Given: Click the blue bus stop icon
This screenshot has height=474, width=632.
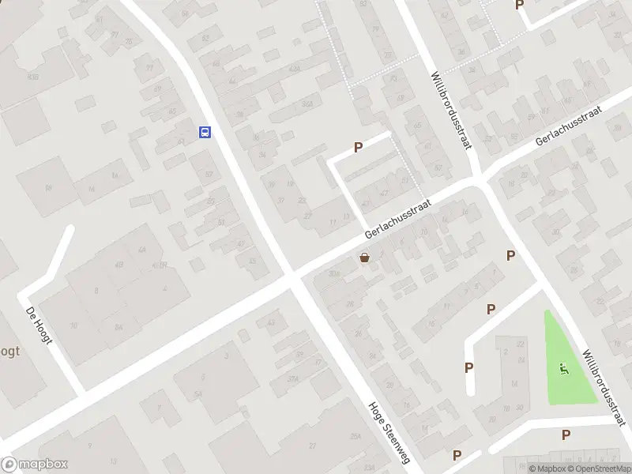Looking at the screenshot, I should pyautogui.click(x=205, y=132).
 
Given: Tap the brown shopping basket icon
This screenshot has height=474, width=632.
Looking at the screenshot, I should pyautogui.click(x=364, y=257).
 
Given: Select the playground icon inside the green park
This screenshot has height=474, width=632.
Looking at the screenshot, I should pyautogui.click(x=563, y=367).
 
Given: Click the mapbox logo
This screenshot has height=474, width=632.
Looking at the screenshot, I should pyautogui.click(x=35, y=465).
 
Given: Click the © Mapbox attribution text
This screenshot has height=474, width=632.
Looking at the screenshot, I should pyautogui.click(x=547, y=468).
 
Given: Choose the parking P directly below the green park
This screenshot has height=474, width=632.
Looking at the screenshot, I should pyautogui.click(x=566, y=434).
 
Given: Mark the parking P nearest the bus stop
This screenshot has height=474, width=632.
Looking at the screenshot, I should pyautogui.click(x=358, y=146).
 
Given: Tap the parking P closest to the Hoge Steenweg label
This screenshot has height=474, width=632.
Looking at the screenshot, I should pyautogui.click(x=457, y=455).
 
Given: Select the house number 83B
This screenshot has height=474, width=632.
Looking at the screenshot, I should pyautogui.click(x=33, y=77).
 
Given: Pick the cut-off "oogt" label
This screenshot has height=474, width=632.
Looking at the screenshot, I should pyautogui.click(x=9, y=352).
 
